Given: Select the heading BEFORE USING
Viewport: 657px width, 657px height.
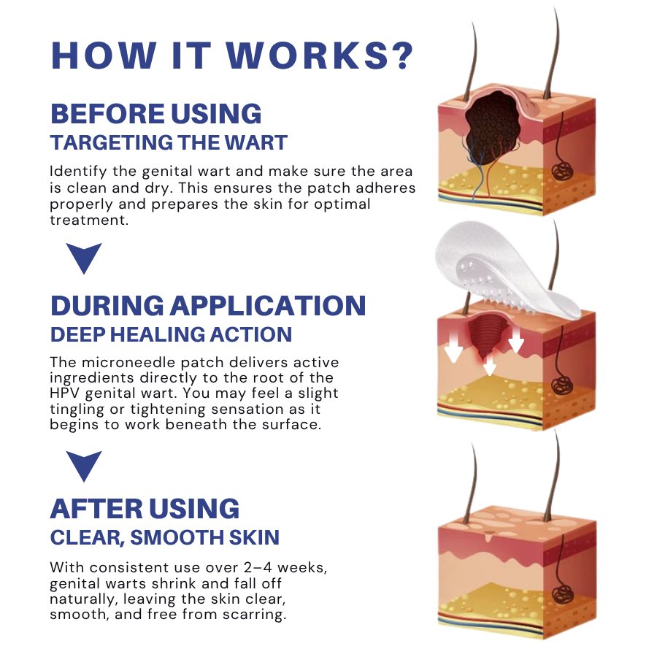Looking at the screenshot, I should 155,114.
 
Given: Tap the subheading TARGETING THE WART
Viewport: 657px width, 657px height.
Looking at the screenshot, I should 169,142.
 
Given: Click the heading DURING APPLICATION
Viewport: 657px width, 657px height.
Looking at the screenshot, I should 207,305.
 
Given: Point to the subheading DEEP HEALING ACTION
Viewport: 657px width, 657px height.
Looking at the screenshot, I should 171,334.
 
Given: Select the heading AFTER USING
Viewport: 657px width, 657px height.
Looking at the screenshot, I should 145,508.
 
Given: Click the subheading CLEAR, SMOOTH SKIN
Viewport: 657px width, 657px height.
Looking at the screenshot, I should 164,538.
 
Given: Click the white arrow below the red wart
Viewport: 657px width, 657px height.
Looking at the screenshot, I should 490,364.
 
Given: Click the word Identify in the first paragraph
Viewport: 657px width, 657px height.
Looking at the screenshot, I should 77,172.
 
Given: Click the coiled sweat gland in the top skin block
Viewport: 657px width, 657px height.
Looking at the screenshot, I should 564,172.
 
